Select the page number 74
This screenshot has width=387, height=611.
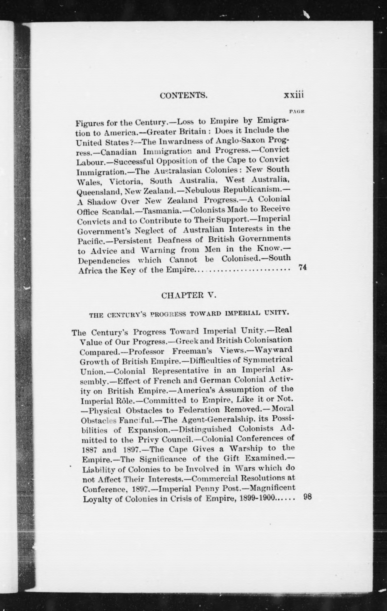(x=302, y=267)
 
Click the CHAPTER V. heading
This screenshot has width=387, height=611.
(x=189, y=295)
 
